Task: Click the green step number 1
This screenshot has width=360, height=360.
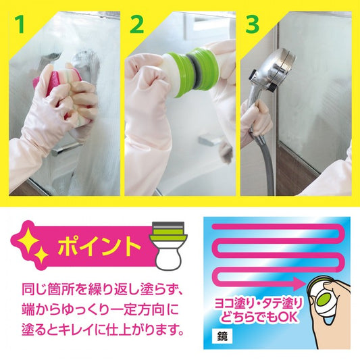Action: (x=20, y=24)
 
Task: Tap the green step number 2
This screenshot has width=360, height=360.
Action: (x=137, y=24)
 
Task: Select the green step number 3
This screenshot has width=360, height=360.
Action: (x=253, y=24)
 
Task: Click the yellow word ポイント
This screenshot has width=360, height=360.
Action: (x=99, y=247)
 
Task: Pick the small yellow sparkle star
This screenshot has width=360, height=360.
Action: (x=41, y=256)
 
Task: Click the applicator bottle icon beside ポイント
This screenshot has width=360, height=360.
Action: (x=168, y=246)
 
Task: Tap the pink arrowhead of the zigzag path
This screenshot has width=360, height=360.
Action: (x=300, y=284)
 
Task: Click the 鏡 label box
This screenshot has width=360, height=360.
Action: (x=222, y=337)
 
